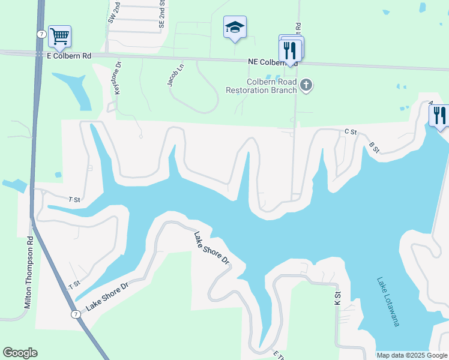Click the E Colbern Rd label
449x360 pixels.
point(68,56)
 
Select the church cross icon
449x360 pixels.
point(306,85)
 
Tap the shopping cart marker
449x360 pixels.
point(59,36)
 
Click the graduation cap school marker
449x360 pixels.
point(235,27)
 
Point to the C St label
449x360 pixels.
point(351,131)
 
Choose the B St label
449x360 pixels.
point(374,147)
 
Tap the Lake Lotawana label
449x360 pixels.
point(387,301)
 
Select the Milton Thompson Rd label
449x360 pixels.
point(28,273)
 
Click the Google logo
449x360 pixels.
point(20,353)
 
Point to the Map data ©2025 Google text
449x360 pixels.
point(412,355)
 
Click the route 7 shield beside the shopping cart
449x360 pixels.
point(41,35)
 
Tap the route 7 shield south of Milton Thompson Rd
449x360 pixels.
point(76,314)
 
